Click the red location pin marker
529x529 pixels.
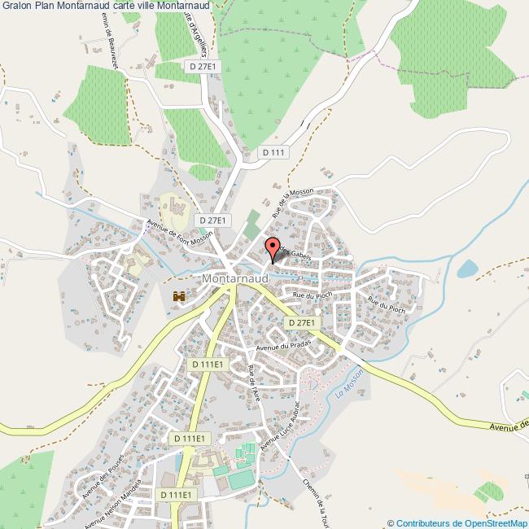click(273, 248)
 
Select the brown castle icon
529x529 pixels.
click(179, 298)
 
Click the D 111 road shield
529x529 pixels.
click(274, 152)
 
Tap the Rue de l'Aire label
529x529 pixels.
click(254, 383)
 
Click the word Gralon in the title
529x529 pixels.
click(16, 7)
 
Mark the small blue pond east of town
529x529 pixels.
click(467, 269)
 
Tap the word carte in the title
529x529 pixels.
click(129, 7)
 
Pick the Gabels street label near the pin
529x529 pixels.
click(298, 256)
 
